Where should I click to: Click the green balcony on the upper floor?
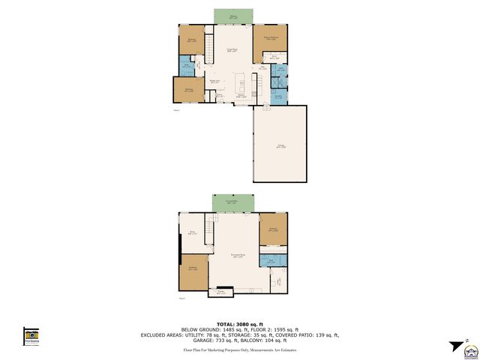click(x=233, y=16)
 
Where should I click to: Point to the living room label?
click(x=232, y=50)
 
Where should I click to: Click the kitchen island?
click(x=241, y=80)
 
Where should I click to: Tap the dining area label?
click(x=214, y=81)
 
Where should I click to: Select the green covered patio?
click(x=233, y=203)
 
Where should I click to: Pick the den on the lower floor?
click(x=193, y=233)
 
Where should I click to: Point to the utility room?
click(x=277, y=281)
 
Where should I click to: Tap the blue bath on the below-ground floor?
click(x=272, y=260)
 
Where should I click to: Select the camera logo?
click(x=31, y=335)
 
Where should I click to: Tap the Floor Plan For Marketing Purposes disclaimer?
click(x=240, y=349)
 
